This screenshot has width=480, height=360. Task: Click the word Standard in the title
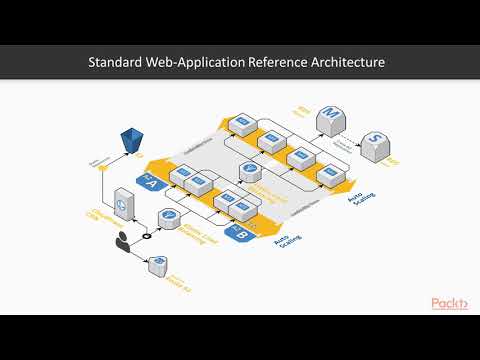119,64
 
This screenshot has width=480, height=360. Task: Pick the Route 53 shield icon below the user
157,265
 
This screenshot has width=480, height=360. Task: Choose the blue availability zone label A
152,182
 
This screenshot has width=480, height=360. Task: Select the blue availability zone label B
241,237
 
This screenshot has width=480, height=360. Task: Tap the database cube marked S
374,146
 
